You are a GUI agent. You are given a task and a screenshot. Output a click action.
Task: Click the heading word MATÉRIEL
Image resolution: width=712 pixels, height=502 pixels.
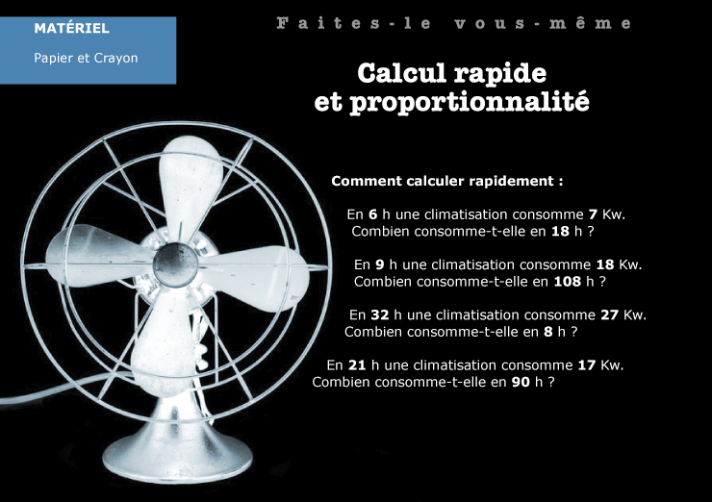point(72,28)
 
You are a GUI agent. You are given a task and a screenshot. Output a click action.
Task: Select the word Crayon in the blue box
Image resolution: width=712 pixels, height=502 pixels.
point(115,58)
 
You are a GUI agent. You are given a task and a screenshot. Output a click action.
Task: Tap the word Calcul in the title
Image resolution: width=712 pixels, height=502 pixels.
point(401,73)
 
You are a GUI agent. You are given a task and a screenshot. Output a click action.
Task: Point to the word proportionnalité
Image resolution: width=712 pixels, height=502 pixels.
point(470,103)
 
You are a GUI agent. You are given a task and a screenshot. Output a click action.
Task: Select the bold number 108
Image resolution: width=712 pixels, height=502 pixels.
point(567,282)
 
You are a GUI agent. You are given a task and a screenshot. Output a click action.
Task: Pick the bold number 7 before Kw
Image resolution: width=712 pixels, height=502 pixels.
point(593,214)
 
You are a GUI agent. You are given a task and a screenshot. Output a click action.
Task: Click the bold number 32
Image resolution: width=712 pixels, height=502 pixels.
point(380,314)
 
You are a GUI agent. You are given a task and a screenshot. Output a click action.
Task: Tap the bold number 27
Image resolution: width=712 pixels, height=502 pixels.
point(609,314)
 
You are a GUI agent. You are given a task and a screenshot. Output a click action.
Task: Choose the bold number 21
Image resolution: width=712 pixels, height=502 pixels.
point(357,364)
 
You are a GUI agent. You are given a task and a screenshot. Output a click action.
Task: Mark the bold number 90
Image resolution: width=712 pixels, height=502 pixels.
point(521,382)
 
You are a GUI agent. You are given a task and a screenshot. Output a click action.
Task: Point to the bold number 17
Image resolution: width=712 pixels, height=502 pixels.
point(587,364)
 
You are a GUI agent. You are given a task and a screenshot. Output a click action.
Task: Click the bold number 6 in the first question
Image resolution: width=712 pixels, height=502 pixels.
point(372,214)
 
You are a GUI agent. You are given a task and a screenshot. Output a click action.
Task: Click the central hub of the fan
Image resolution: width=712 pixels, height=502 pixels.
point(175,264)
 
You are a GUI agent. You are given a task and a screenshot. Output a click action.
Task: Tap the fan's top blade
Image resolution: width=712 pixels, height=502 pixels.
point(191,187)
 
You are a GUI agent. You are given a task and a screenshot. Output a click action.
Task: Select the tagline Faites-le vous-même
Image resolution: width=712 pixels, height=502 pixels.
point(454,23)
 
